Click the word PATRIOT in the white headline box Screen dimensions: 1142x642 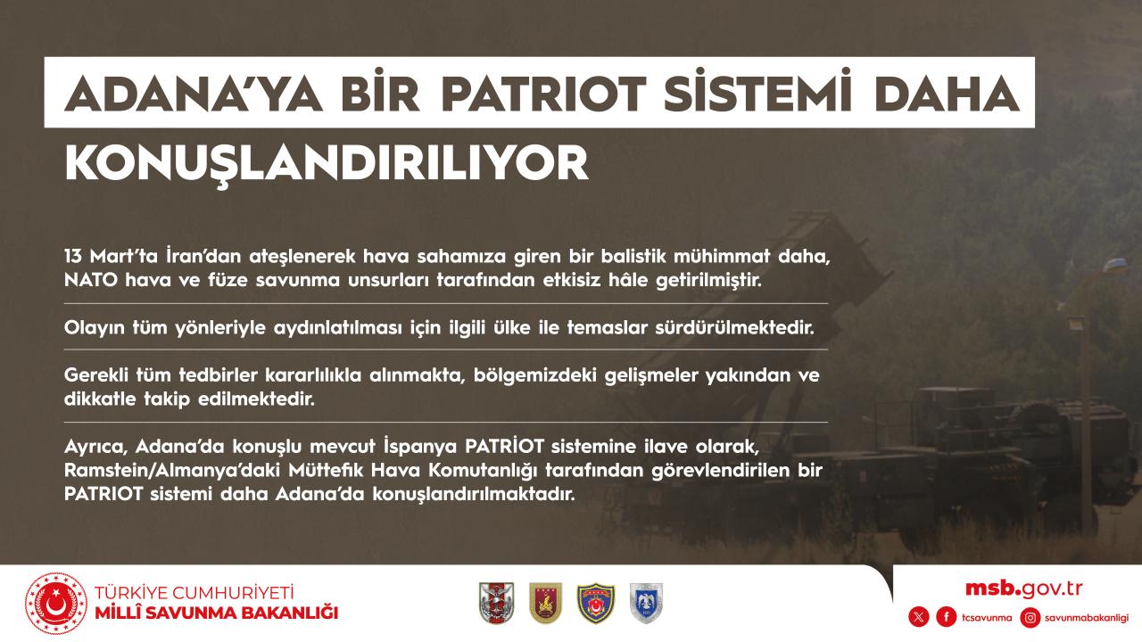(544, 94)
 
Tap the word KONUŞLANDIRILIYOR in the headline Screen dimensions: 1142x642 (327, 164)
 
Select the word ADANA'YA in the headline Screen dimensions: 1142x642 (194, 94)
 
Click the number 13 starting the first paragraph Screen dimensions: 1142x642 (73, 256)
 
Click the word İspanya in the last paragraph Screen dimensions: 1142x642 (419, 447)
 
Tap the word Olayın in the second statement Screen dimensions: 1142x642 (95, 328)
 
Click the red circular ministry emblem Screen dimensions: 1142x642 (56, 604)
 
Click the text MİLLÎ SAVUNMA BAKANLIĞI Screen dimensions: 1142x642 (217, 613)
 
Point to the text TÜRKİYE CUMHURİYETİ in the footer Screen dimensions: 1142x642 (194, 593)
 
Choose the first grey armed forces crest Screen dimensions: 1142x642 (497, 604)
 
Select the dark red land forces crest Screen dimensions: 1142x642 (545, 604)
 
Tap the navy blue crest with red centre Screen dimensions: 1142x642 (595, 604)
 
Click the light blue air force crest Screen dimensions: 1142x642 (646, 604)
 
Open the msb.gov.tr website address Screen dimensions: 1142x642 (1023, 589)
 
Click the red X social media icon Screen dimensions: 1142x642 (919, 618)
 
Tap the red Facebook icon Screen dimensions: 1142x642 (947, 618)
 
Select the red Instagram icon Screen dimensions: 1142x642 (1030, 618)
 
